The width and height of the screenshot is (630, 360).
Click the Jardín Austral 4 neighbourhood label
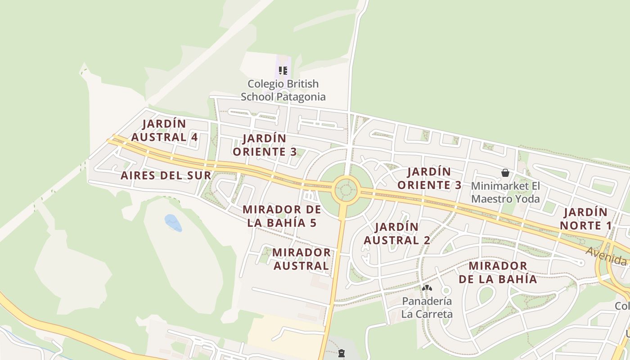(164, 130)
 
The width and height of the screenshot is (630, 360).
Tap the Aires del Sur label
(166, 175)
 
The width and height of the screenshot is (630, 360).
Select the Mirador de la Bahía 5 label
(282, 216)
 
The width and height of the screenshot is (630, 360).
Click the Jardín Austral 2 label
(397, 234)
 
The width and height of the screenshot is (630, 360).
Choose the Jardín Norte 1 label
(585, 219)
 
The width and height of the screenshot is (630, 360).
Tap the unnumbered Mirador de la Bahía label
(498, 272)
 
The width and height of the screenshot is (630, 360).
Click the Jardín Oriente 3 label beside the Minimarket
(429, 178)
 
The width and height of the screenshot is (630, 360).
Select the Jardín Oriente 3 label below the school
(265, 145)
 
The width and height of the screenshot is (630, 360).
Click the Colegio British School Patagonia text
(283, 90)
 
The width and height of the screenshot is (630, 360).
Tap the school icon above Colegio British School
(283, 70)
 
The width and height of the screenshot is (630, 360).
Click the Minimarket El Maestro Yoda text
(505, 192)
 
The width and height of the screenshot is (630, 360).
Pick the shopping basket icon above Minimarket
(505, 173)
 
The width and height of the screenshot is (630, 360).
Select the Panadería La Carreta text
(427, 307)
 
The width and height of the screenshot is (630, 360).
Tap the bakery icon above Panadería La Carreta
(427, 288)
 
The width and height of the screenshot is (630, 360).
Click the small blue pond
(173, 222)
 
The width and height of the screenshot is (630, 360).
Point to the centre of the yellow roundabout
(346, 190)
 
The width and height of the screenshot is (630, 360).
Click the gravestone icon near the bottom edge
(341, 354)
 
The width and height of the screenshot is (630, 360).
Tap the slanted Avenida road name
(606, 257)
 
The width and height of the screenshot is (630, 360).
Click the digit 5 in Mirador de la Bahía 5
(313, 223)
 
